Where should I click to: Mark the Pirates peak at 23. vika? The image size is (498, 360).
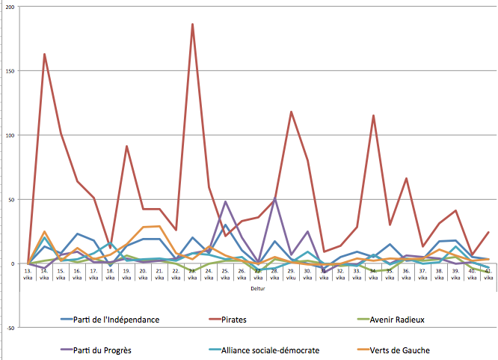click(192, 24)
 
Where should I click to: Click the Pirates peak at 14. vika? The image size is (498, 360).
click(45, 54)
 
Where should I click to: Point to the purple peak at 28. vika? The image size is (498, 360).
click(274, 199)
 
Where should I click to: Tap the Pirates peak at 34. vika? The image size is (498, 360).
click(373, 115)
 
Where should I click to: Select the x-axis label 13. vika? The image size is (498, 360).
click(28, 274)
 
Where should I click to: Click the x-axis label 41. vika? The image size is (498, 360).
click(488, 274)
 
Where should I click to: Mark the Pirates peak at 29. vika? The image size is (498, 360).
click(291, 112)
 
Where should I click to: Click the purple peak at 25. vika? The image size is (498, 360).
click(225, 201)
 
